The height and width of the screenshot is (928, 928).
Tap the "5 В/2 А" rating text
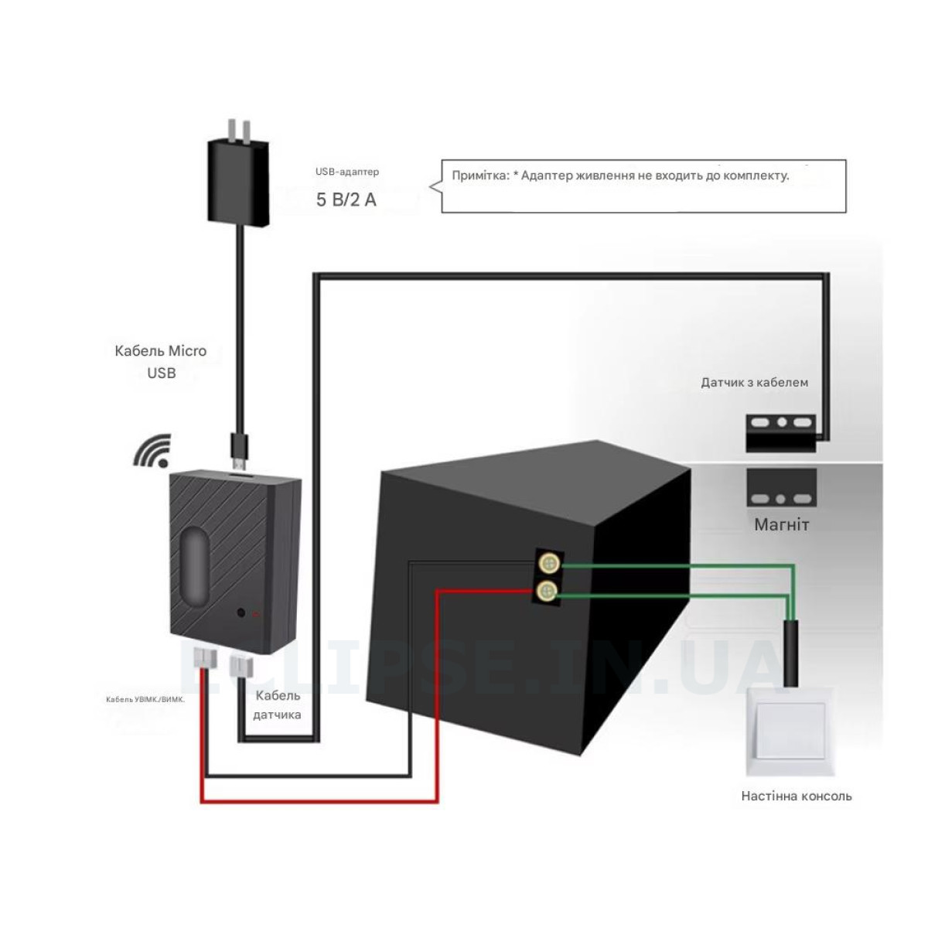[x=346, y=200]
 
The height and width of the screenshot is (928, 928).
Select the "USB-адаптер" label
[x=347, y=172]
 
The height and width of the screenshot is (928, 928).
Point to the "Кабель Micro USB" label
[x=161, y=361]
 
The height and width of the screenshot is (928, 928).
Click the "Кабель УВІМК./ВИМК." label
[x=146, y=699]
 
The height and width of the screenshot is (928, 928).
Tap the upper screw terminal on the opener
[x=549, y=562]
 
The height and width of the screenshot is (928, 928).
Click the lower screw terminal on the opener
[x=549, y=592]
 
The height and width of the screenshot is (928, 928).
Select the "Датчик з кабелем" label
[x=754, y=382]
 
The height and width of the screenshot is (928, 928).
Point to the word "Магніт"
[x=781, y=525]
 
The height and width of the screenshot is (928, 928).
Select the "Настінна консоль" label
[x=797, y=796]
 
